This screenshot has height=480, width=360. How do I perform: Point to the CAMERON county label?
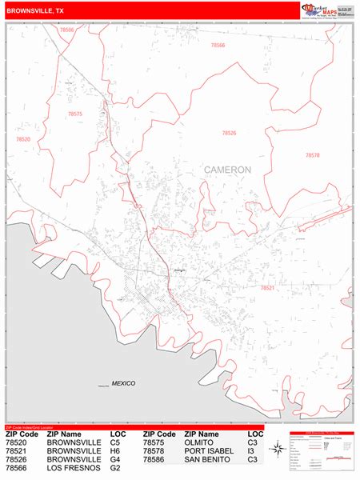227,170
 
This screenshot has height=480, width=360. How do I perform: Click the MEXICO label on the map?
123,383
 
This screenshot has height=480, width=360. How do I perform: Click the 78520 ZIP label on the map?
22,139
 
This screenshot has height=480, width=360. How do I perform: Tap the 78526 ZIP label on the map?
230,133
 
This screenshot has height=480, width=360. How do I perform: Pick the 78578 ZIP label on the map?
312,154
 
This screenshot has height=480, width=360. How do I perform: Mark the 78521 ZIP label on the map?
267,286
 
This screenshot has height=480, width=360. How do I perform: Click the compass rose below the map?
277,450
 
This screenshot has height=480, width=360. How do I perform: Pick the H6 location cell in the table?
116,451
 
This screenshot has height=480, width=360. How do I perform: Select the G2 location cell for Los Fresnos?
116,468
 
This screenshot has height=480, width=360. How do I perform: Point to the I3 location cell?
251,451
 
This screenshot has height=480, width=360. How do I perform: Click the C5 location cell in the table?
116,442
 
